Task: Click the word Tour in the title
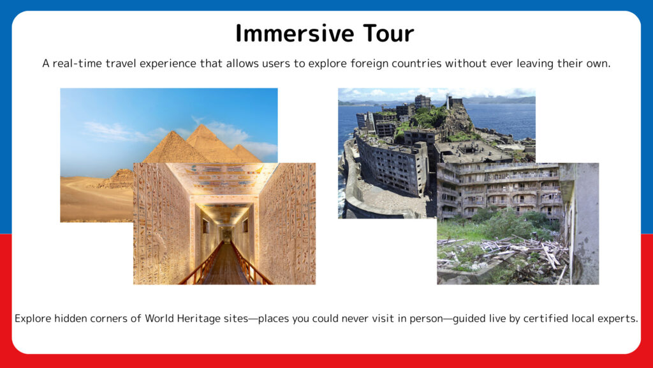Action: [388, 33]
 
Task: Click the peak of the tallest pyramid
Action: [202, 125]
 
